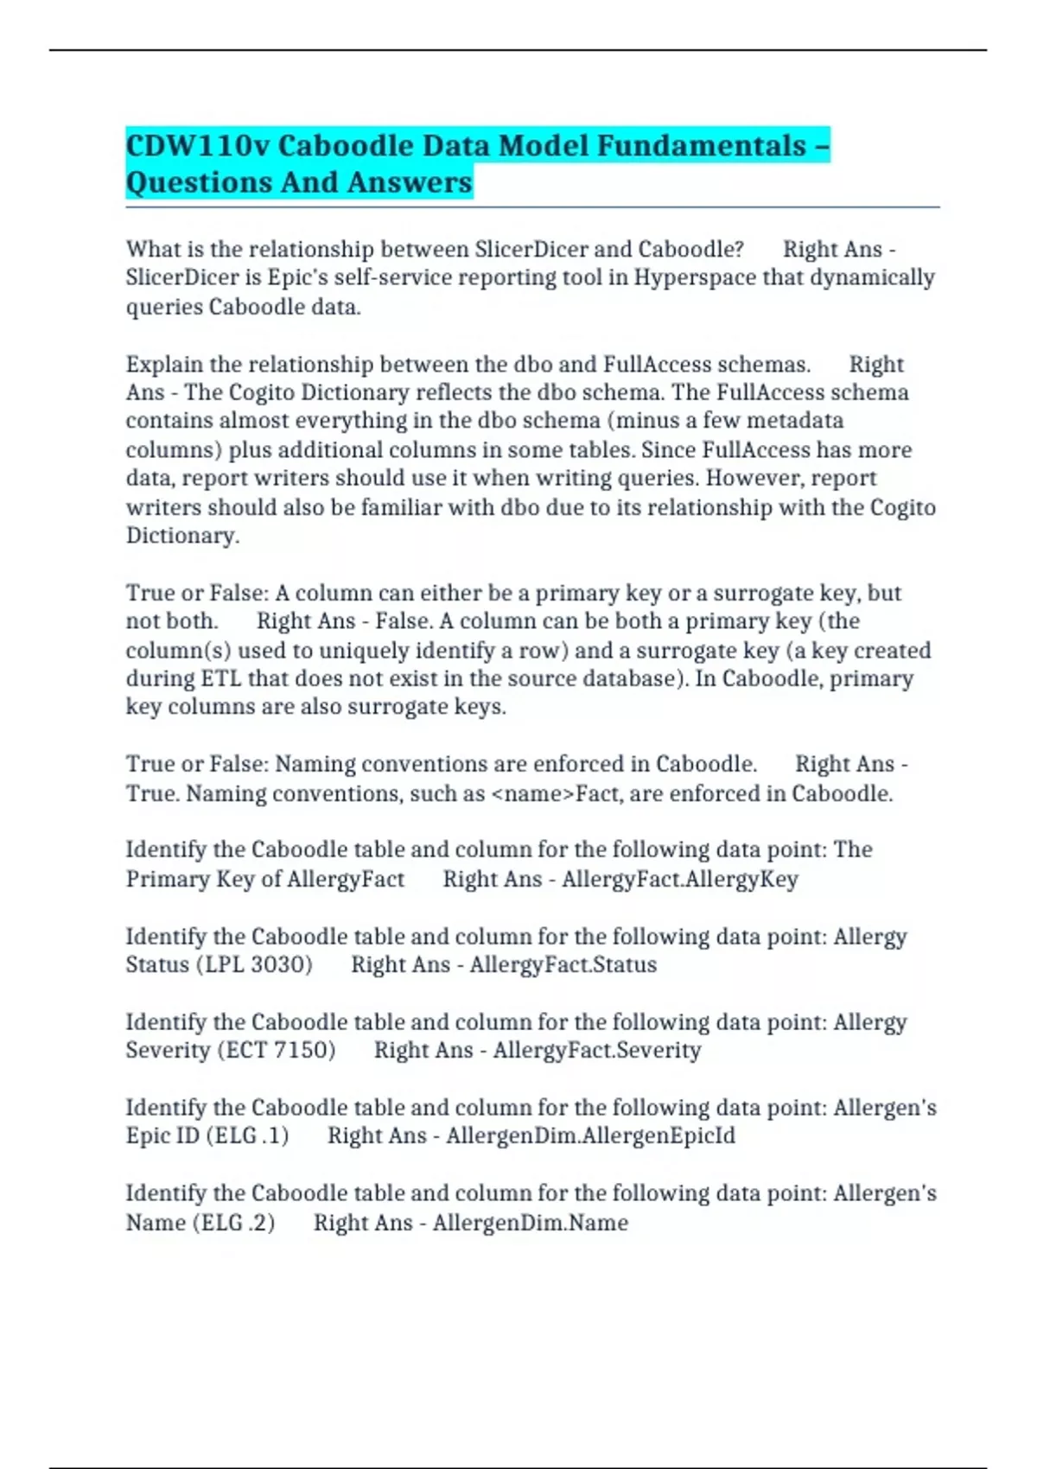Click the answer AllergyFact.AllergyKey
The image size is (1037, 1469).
point(680,879)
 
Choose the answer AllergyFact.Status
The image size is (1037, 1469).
point(563,964)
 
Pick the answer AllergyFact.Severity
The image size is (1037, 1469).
point(597,1050)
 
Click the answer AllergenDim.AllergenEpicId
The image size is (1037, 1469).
point(591,1135)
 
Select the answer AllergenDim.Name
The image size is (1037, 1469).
point(531,1223)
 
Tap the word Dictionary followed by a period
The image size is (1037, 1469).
point(182,536)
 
